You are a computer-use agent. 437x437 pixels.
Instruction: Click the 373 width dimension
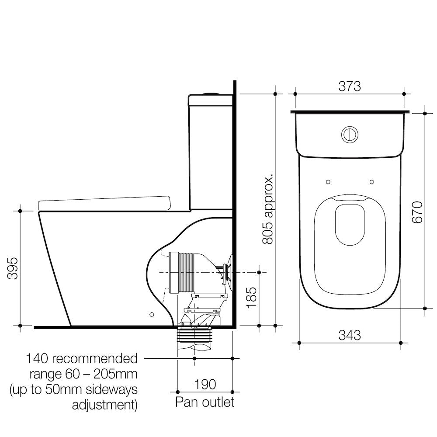pyautogui.click(x=350, y=87)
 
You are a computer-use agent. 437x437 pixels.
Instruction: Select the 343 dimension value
pyautogui.click(x=350, y=335)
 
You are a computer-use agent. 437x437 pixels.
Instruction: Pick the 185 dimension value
pyautogui.click(x=252, y=297)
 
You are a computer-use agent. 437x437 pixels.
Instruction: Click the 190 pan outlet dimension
pyautogui.click(x=205, y=384)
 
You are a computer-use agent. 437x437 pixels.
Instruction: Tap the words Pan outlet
pyautogui.click(x=205, y=402)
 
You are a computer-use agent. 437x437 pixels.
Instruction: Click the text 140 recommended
pyautogui.click(x=82, y=359)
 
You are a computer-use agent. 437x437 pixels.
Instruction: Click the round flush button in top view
pyautogui.click(x=350, y=134)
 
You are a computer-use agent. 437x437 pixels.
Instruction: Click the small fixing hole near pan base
pyautogui.click(x=152, y=314)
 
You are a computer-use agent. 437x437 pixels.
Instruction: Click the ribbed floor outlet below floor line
pyautogui.click(x=194, y=336)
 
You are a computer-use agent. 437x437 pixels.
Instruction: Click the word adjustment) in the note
pyautogui.click(x=104, y=405)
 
